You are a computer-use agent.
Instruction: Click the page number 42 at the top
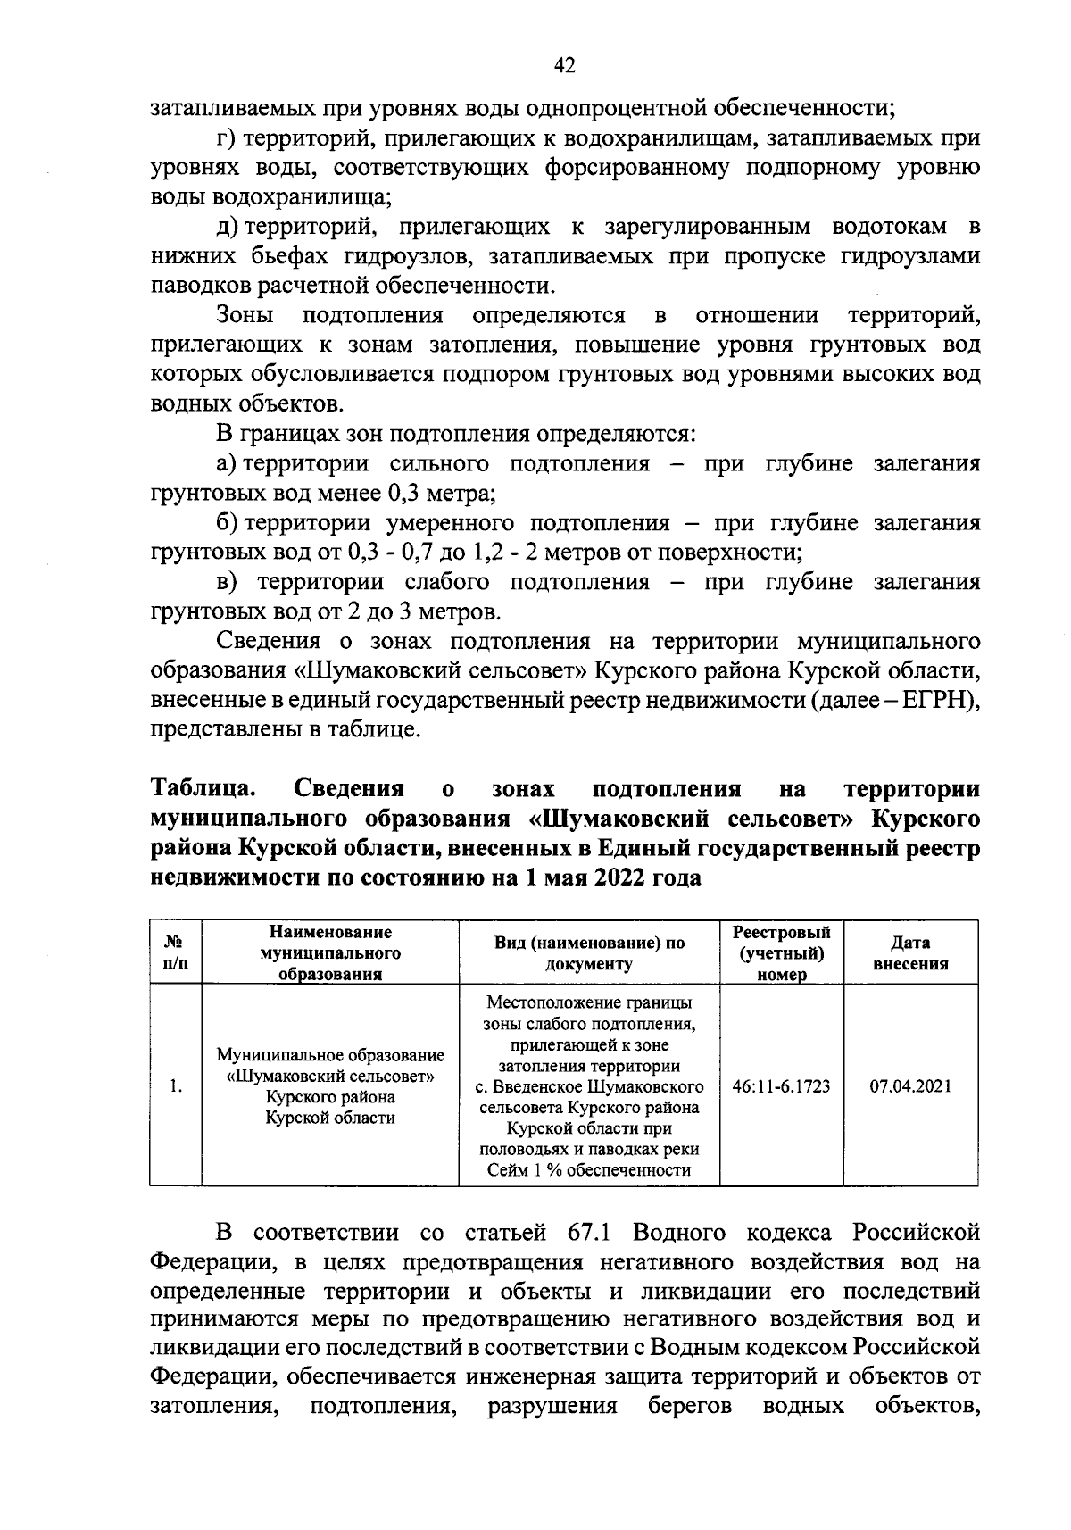564,64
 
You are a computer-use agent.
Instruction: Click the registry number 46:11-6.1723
781,1086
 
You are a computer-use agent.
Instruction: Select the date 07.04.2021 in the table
910,1086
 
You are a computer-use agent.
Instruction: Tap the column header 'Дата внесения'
910,952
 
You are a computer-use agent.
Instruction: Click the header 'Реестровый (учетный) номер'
781,952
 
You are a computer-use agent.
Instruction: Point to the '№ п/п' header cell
176,952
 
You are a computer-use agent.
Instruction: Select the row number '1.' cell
177,1086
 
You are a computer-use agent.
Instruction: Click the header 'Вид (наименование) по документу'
589,952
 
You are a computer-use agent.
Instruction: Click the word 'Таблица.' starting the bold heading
204,789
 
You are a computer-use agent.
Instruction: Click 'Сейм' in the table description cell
505,1169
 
